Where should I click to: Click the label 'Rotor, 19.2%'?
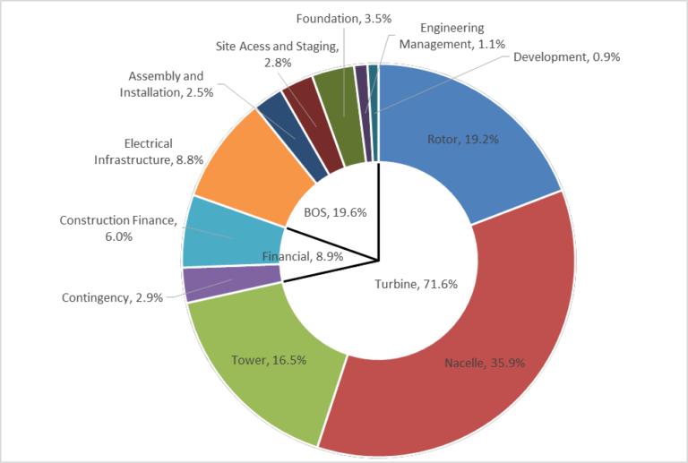[x=458, y=140]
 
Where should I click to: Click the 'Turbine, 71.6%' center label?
[x=415, y=285]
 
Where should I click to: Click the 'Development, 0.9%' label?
[x=567, y=56]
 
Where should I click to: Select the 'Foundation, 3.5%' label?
[x=338, y=18]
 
